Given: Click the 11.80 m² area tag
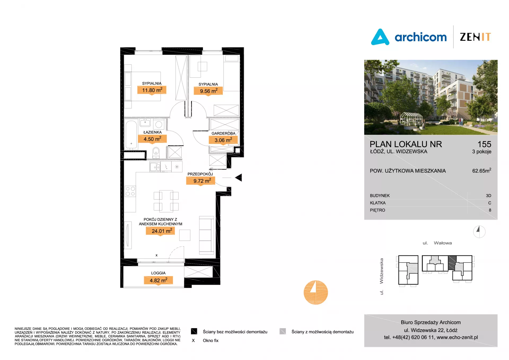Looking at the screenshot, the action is tap(152, 90).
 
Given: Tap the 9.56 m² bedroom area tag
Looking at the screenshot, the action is tap(208, 91).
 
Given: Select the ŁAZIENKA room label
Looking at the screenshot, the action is tap(152, 132).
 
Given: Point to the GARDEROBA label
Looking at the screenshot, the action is tap(223, 133).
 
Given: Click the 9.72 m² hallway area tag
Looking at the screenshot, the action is tap(201, 181).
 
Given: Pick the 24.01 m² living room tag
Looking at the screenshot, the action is tap(160, 231).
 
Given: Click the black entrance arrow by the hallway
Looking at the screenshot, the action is tap(238, 177).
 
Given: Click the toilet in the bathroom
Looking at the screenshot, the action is tap(156, 152).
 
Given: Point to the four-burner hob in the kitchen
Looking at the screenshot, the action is tap(130, 191).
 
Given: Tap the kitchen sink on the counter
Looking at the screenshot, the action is tap(155, 167).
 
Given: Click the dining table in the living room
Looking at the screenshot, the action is tap(166, 201).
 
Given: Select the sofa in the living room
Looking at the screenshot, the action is tap(207, 235).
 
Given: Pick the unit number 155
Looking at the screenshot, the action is tap(484, 144).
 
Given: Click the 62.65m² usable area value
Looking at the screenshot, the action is tap(482, 170).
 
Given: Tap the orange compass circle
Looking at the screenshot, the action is tap(316, 292).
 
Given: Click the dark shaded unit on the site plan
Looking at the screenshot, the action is tap(452, 263).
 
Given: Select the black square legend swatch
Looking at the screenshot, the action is tap(194, 331).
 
